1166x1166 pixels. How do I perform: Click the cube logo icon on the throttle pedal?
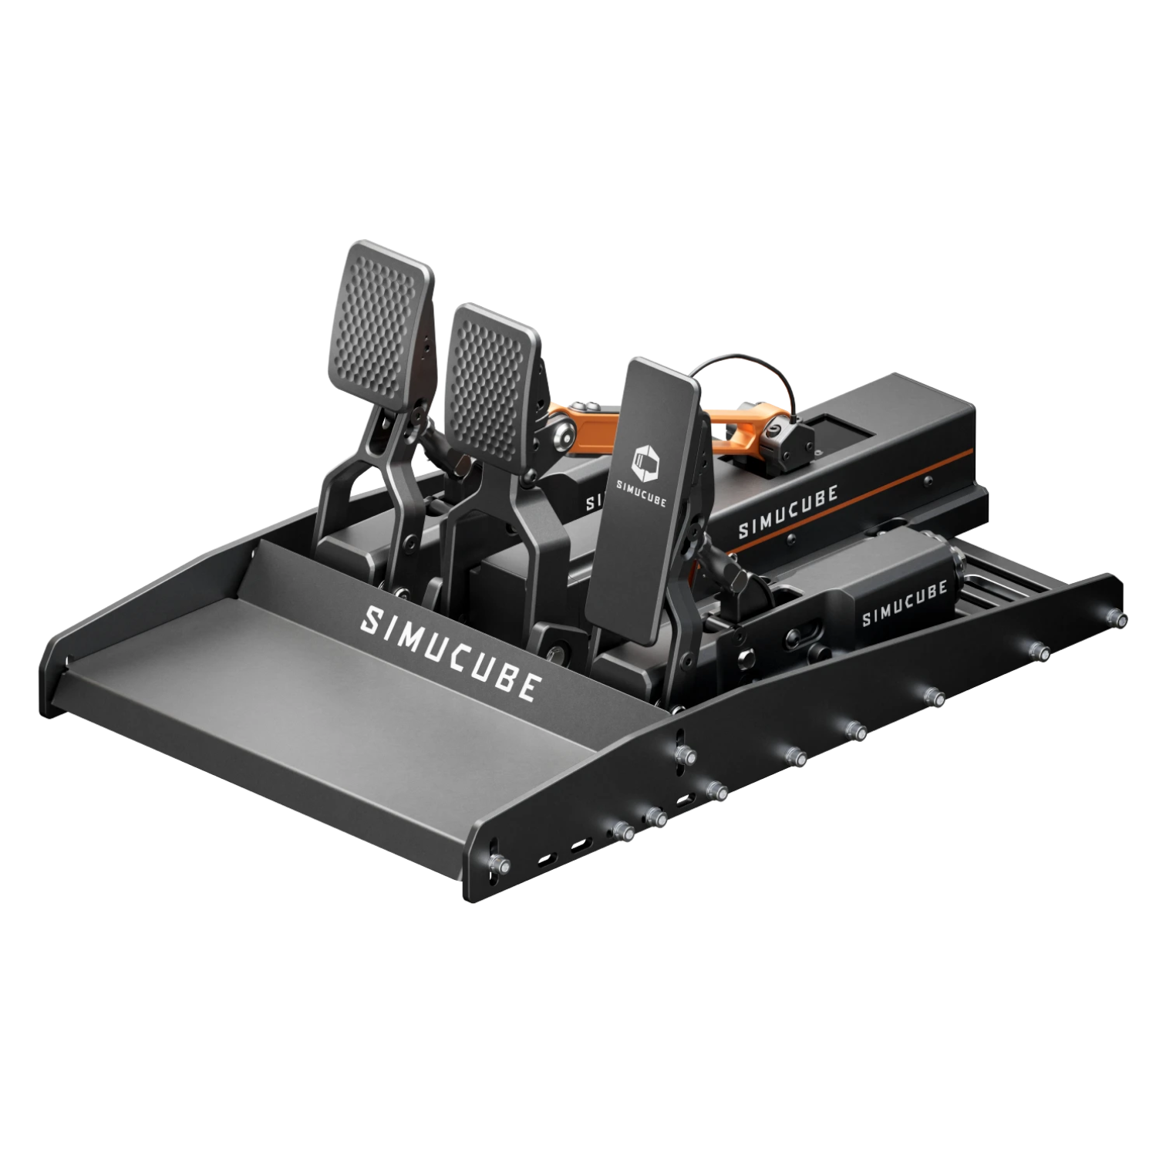[642, 459]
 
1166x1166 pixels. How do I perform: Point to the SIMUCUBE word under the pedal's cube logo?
[642, 492]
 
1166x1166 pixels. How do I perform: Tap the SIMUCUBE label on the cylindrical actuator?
[903, 605]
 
